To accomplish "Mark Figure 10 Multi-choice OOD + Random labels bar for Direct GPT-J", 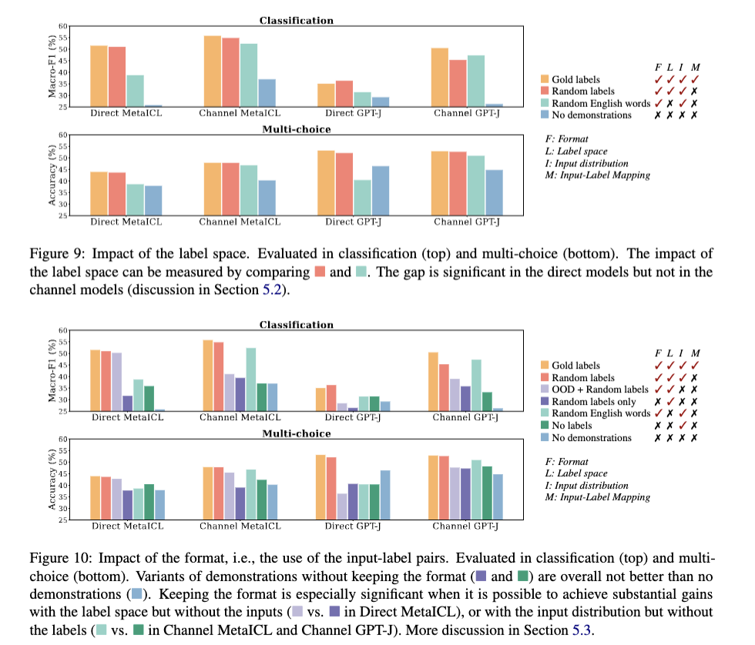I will point(342,506).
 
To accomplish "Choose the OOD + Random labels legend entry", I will point(598,389).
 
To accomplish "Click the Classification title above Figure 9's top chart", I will point(297,21).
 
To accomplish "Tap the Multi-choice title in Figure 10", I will point(297,433).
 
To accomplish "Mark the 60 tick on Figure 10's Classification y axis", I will point(64,331).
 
